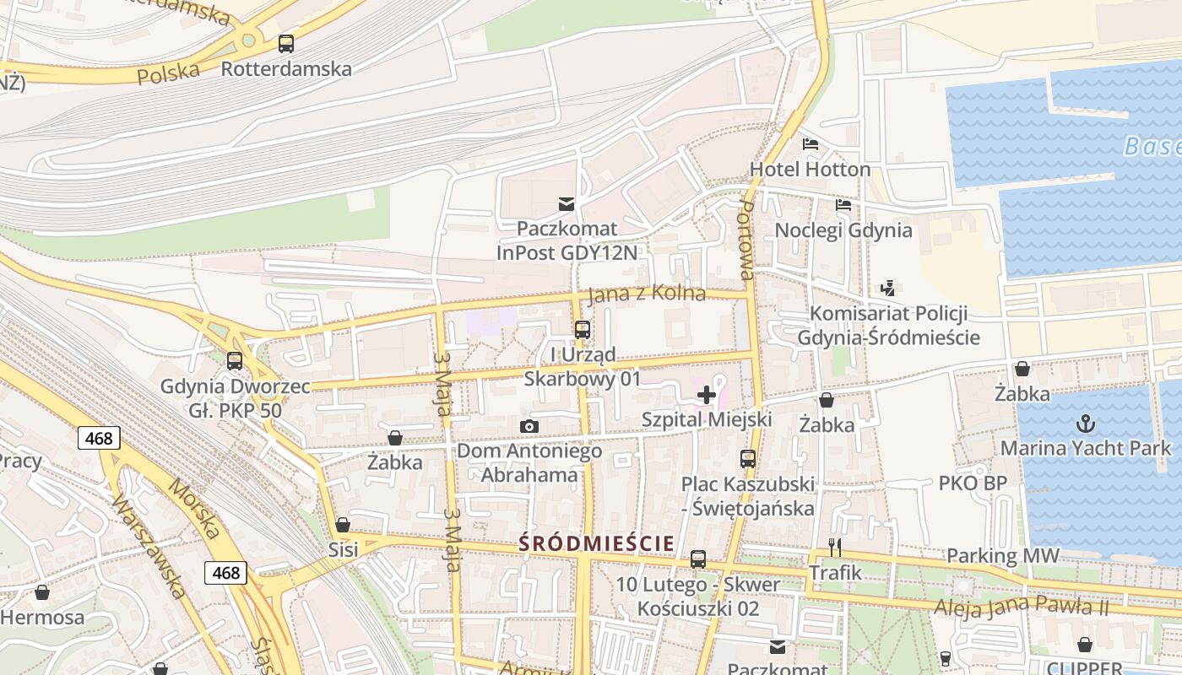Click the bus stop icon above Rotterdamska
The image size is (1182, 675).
pyautogui.click(x=286, y=44)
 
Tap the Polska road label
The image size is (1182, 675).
pyautogui.click(x=168, y=73)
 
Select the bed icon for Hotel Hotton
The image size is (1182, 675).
pyautogui.click(x=811, y=144)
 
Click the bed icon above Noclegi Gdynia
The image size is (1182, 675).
pyautogui.click(x=843, y=205)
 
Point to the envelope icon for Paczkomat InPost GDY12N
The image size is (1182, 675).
pyautogui.click(x=566, y=203)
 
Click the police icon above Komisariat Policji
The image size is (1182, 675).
pyautogui.click(x=887, y=289)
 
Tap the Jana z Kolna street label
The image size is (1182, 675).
pyautogui.click(x=646, y=294)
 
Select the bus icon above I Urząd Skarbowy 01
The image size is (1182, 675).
pyautogui.click(x=583, y=330)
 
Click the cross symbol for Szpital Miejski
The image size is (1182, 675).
pyautogui.click(x=707, y=395)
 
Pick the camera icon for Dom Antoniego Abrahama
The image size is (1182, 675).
pyautogui.click(x=529, y=426)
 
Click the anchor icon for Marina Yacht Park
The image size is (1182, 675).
pyautogui.click(x=1086, y=423)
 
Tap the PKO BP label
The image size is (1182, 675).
pyautogui.click(x=973, y=483)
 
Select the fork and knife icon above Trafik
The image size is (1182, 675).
pyautogui.click(x=835, y=548)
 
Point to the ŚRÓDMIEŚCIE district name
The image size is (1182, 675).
pyautogui.click(x=596, y=543)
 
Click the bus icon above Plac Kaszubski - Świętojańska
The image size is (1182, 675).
pyautogui.click(x=748, y=459)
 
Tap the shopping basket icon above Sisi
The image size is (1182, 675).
pyautogui.click(x=343, y=525)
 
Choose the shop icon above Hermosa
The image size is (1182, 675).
pyautogui.click(x=41, y=592)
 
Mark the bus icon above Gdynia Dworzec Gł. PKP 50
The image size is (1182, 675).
pyautogui.click(x=235, y=361)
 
